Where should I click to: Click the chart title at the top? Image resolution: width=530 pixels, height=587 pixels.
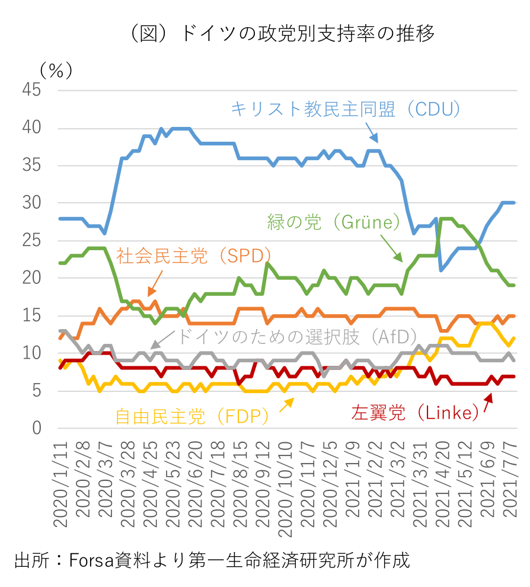pos(279,33)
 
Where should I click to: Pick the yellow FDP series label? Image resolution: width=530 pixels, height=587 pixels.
pos(192,416)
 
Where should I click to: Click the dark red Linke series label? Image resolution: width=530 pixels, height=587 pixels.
pos(415,413)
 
